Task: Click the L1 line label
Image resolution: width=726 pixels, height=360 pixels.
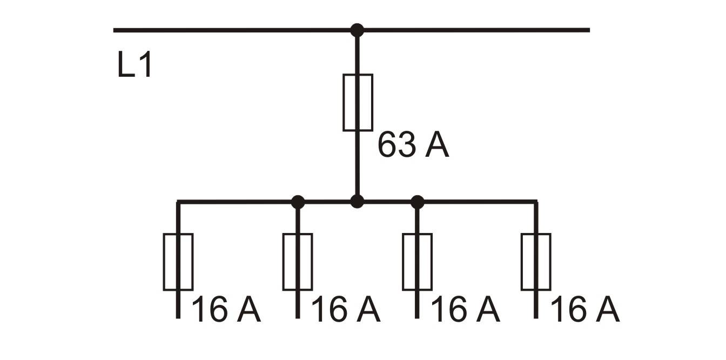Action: click(135, 64)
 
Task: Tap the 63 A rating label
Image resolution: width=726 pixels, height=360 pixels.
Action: click(413, 145)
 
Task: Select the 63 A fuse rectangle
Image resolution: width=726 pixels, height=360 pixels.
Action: click(358, 103)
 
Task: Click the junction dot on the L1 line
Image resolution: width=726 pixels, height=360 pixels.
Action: click(357, 30)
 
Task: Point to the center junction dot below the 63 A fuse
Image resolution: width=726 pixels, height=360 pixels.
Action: click(357, 202)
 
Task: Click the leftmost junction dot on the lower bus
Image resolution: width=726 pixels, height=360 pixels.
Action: click(298, 202)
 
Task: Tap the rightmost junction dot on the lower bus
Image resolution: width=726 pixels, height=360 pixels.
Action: click(417, 202)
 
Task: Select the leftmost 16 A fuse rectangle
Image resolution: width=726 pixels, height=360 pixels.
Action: click(178, 262)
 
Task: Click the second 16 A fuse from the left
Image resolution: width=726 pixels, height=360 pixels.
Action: click(298, 262)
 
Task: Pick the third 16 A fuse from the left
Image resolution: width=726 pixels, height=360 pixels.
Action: click(417, 262)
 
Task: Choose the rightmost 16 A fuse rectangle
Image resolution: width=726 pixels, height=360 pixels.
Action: click(536, 262)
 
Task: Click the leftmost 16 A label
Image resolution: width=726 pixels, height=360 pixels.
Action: click(226, 309)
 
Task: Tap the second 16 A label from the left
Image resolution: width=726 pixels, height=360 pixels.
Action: click(346, 309)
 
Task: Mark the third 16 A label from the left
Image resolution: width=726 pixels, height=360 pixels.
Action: click(466, 309)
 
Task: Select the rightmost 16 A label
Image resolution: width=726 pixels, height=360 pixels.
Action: click(585, 309)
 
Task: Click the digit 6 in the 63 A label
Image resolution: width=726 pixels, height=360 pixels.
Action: click(387, 145)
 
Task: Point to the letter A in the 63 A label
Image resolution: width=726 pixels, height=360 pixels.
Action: click(437, 145)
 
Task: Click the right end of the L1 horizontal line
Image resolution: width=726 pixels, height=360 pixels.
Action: click(589, 30)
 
